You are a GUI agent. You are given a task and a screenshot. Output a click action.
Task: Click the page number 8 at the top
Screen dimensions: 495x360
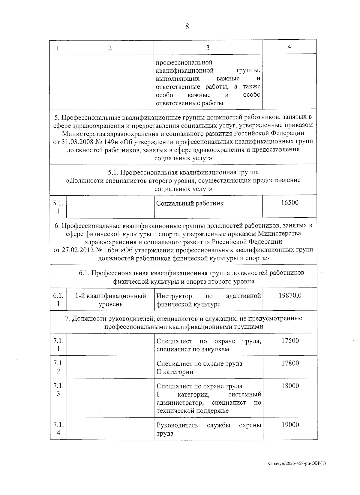(x=187, y=26)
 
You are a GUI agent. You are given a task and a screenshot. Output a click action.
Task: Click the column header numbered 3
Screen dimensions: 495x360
(x=208, y=48)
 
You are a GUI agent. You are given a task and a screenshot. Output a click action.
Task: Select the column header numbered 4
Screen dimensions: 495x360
(x=289, y=47)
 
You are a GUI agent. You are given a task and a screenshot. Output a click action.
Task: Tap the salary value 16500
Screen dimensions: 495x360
(x=290, y=203)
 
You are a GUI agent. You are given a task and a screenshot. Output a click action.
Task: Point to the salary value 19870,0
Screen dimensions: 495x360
(x=290, y=295)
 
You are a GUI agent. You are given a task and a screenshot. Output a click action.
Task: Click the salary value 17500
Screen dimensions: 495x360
(x=290, y=341)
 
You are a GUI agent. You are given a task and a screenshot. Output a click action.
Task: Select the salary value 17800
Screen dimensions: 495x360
(x=290, y=363)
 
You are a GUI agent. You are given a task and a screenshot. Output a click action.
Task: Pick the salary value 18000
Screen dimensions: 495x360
(x=290, y=386)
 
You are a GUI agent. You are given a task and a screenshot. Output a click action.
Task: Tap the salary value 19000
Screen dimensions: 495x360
(x=290, y=425)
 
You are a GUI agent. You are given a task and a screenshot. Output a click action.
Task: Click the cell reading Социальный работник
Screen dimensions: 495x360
(x=190, y=204)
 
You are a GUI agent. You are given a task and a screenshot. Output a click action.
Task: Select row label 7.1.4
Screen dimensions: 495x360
(x=58, y=429)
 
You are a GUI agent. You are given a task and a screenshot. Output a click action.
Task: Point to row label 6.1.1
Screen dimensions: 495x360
(x=58, y=300)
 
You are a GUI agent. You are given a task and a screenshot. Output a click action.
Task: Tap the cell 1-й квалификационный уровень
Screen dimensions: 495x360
(x=110, y=300)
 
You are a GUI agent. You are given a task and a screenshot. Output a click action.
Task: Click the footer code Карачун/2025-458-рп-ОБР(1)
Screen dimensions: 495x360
(x=296, y=472)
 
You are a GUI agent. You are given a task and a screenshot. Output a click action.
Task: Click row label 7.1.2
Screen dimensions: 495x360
(x=58, y=367)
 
